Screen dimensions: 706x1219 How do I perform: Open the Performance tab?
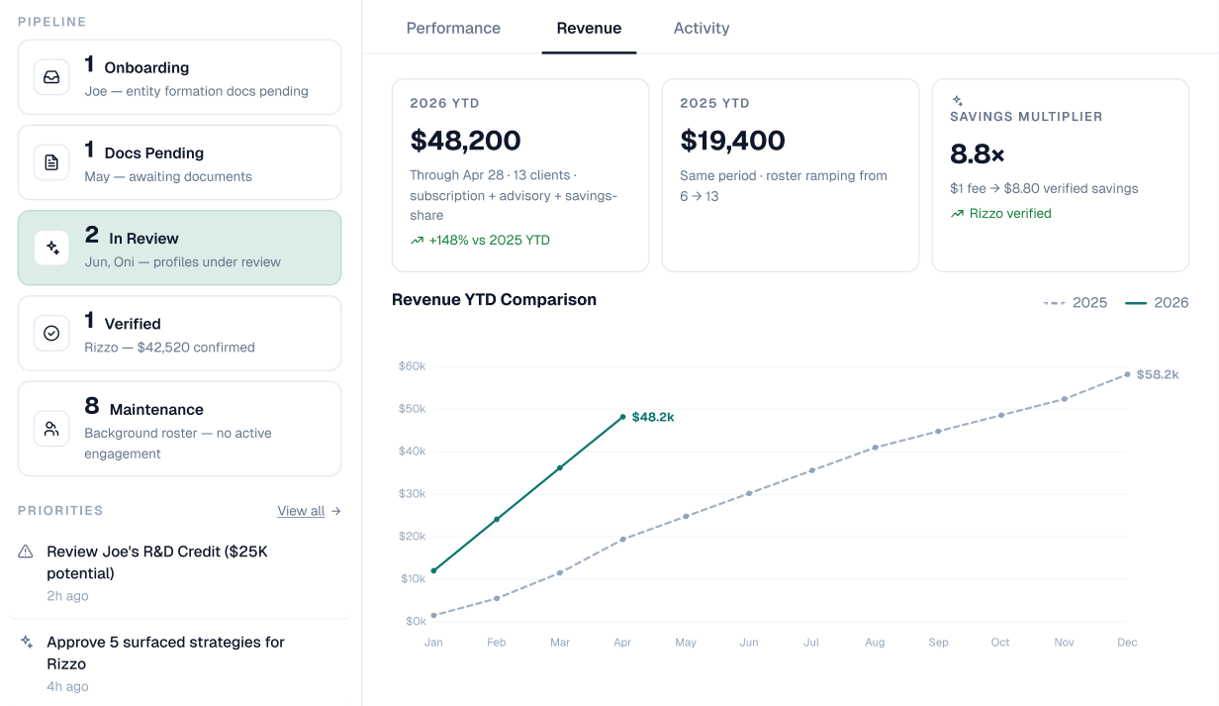tap(453, 28)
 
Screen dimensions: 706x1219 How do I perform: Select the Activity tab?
tap(701, 28)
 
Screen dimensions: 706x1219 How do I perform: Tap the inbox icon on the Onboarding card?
tap(51, 77)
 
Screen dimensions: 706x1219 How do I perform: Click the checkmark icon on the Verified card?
tap(51, 334)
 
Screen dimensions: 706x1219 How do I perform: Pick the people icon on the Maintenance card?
tap(51, 429)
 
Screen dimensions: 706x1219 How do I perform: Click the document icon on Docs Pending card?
tap(51, 162)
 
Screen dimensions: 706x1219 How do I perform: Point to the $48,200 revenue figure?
tap(465, 141)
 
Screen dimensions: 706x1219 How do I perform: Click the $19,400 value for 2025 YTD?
tap(732, 141)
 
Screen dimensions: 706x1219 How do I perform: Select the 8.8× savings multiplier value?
tap(977, 154)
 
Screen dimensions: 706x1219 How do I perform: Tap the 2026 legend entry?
tap(1157, 302)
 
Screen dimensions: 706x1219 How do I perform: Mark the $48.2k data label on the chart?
tap(653, 417)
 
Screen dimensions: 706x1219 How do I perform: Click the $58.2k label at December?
tap(1157, 374)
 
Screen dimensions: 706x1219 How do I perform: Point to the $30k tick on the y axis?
tap(412, 493)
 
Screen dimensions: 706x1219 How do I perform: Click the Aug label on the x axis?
tap(875, 643)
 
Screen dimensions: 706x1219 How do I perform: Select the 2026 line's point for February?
tap(497, 519)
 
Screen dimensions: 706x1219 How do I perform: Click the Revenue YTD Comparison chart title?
tap(494, 300)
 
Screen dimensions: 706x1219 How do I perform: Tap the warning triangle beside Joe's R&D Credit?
tap(26, 552)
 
